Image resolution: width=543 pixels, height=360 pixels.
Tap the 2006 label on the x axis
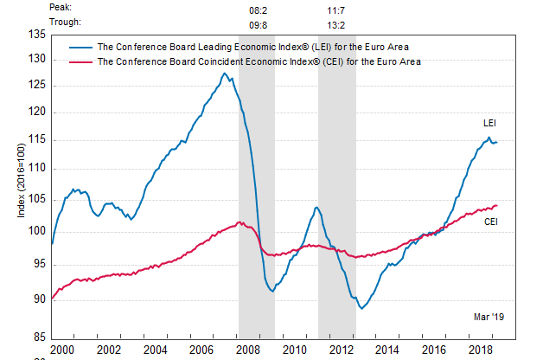tap(201, 350)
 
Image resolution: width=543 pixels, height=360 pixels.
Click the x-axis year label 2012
tap(342, 350)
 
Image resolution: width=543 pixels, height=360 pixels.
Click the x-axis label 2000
tap(61, 350)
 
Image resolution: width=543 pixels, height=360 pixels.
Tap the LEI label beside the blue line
tap(489, 124)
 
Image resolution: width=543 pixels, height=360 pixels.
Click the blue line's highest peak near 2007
tap(224, 73)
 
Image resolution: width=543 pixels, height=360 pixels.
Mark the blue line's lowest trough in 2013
tap(361, 308)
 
